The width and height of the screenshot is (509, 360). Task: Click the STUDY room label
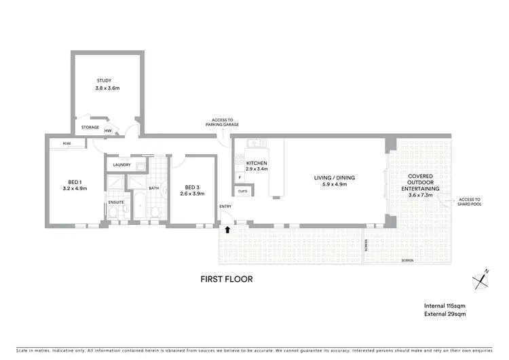coord(104,81)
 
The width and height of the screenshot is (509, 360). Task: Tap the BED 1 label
coord(75,182)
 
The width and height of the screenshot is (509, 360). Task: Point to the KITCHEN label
coord(257,164)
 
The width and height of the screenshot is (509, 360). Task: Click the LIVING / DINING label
coord(334,178)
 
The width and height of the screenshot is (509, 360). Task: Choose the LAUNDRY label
coord(121,164)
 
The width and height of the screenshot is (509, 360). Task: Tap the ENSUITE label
coord(115,202)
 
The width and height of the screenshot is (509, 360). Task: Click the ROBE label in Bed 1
coord(67,143)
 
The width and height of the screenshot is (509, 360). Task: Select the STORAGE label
coord(90,127)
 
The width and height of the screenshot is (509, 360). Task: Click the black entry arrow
coord(227,230)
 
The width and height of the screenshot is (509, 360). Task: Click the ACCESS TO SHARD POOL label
coord(469,202)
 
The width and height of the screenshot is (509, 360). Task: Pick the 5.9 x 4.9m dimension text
coord(334,184)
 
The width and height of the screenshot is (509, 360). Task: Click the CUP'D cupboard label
coord(242,192)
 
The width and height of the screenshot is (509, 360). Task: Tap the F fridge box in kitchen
coord(240,177)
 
